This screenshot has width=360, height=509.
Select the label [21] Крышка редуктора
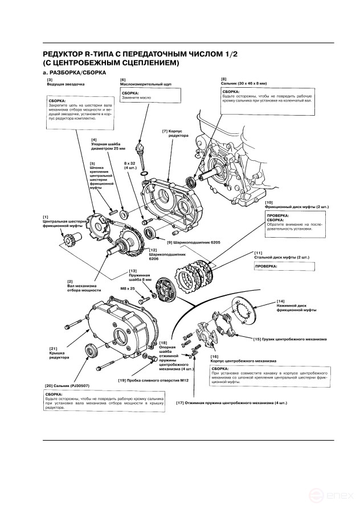tap(59, 354)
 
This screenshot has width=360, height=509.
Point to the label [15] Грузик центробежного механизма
tap(290, 339)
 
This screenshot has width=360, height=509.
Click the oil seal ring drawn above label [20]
tap(91, 351)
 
